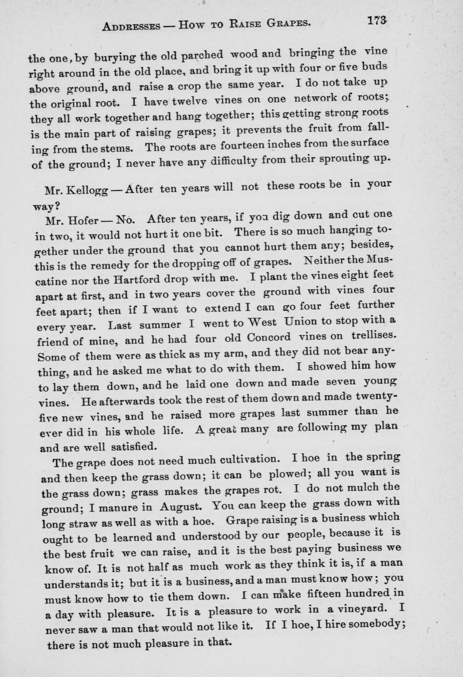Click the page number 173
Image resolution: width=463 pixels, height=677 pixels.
376,21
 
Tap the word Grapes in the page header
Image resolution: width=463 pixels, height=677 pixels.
287,23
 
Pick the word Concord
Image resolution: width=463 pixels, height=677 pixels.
269,338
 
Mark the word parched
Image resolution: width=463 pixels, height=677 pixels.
201,55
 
